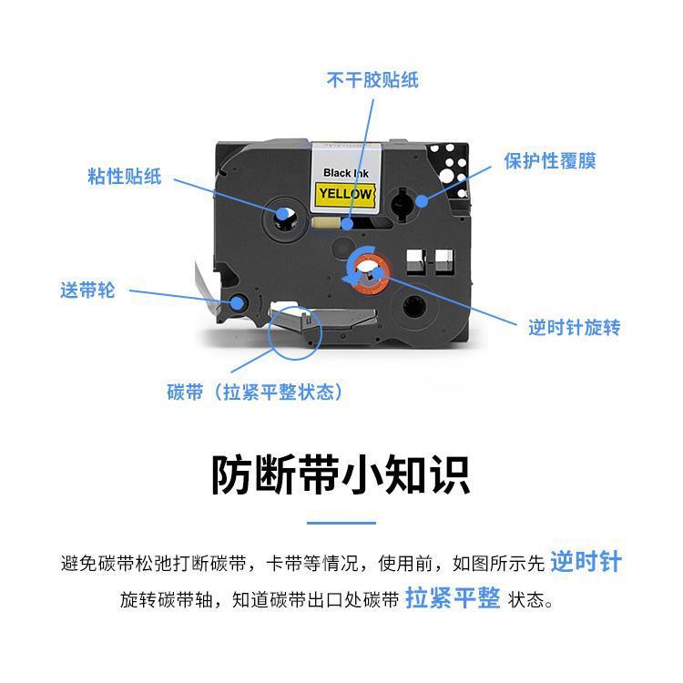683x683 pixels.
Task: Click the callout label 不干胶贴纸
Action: coord(372,80)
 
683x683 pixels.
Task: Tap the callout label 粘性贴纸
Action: coord(125,177)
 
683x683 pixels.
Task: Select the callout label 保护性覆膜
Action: coord(550,160)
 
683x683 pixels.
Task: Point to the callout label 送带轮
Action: coord(87,291)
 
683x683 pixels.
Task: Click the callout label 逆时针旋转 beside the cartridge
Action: coord(574,328)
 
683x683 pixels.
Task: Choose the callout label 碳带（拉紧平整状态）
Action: coord(255,392)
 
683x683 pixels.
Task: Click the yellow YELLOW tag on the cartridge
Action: coord(345,194)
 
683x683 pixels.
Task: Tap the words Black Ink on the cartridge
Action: coord(346,173)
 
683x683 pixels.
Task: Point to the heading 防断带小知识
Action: coord(341,474)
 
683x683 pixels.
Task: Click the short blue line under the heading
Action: coord(341,523)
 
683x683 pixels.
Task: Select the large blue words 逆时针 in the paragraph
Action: coord(586,561)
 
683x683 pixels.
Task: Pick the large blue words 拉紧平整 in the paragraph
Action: coord(453,597)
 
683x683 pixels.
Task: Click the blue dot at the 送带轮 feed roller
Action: coord(237,302)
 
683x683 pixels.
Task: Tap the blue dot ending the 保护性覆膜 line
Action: coord(422,201)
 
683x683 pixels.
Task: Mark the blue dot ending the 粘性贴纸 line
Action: coord(283,214)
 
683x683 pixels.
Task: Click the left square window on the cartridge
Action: coord(415,262)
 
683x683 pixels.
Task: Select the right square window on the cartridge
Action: coord(444,262)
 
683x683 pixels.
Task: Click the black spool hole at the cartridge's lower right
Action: coord(414,306)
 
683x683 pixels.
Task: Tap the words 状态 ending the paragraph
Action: coord(526,600)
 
